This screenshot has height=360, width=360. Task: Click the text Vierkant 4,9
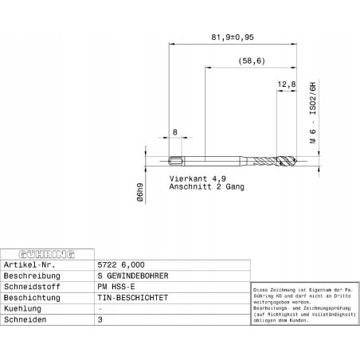coord(198,178)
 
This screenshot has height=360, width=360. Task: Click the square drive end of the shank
coord(176,159)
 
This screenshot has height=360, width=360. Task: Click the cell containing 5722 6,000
coord(121,264)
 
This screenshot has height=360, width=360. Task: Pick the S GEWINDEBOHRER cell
coord(132,275)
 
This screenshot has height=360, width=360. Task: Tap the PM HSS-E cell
coord(116,286)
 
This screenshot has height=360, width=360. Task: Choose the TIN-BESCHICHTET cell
coord(132,297)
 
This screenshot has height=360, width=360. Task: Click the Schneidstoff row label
coord(32,286)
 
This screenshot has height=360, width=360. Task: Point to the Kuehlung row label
coord(24,308)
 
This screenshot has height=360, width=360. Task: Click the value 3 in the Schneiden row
coord(100,319)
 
